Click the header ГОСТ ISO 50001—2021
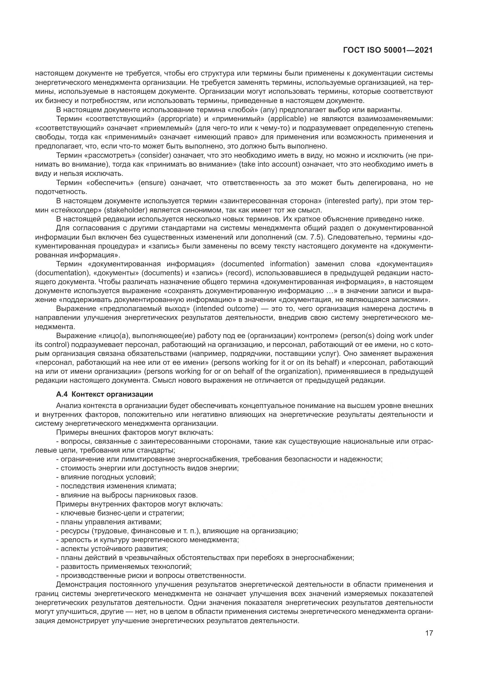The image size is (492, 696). (388, 50)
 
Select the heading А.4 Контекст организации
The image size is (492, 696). (104, 394)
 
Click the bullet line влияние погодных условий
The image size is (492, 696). (106, 477)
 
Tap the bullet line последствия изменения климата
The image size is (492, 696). (116, 486)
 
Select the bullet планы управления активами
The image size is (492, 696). (109, 522)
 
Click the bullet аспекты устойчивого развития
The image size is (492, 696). (112, 549)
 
